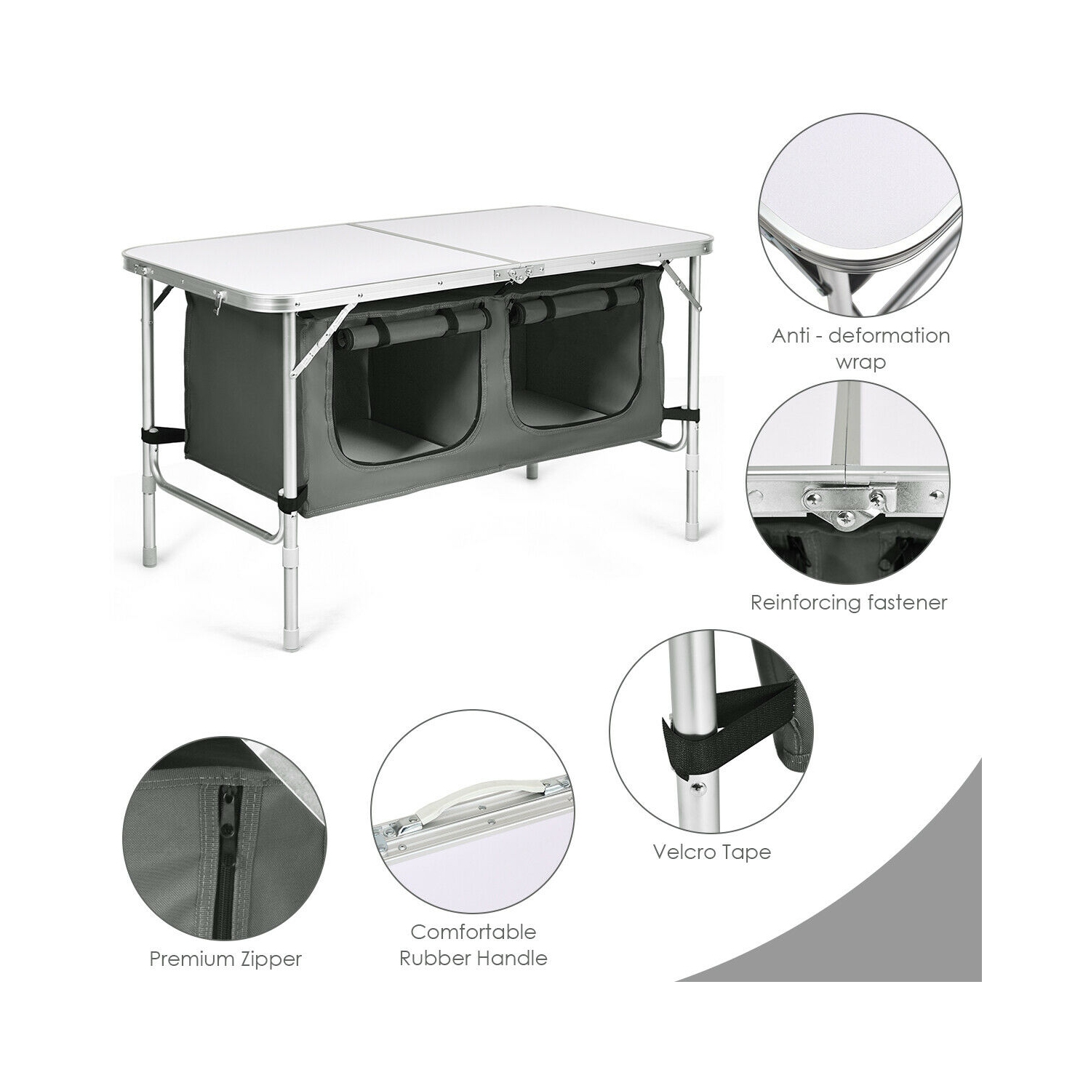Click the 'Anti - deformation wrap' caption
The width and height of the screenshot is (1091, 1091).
point(860,348)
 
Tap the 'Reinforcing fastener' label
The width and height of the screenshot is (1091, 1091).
point(849,602)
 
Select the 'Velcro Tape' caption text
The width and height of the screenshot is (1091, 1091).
point(712,851)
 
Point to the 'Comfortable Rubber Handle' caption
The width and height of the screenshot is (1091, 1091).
point(473,944)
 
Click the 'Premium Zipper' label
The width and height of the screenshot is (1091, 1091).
point(225,959)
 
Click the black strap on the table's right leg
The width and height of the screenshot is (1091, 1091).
point(688,415)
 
